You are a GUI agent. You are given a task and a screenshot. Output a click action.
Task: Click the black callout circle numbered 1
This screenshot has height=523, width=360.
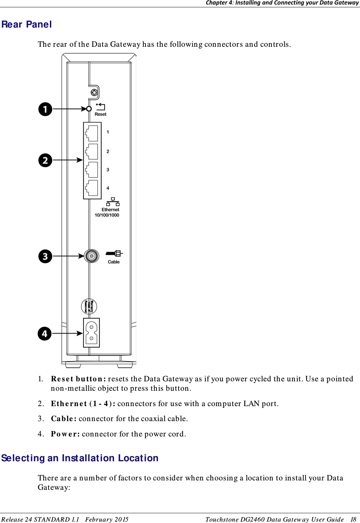click(x=45, y=109)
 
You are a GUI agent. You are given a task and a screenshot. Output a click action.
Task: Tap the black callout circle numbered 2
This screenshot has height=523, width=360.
click(x=45, y=160)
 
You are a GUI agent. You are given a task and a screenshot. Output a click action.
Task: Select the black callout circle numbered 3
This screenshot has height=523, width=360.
click(x=45, y=256)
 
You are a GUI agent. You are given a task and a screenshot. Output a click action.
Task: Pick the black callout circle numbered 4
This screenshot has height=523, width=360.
click(x=45, y=334)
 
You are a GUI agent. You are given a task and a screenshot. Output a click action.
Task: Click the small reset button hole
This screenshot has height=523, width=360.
click(x=89, y=109)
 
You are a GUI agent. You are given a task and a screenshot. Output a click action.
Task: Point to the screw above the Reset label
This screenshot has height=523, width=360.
click(x=94, y=92)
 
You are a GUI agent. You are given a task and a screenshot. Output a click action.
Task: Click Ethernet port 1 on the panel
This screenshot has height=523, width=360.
click(x=92, y=133)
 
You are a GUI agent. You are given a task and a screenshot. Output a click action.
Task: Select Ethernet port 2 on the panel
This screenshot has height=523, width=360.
click(x=92, y=151)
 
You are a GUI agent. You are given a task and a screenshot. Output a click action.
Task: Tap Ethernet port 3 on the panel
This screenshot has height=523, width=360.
click(x=92, y=170)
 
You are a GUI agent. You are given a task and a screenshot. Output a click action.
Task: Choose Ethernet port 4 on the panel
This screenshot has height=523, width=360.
click(x=92, y=188)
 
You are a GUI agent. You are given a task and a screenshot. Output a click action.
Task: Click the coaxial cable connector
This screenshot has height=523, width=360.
click(x=91, y=256)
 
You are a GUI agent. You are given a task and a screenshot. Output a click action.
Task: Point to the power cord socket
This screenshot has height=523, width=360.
click(x=91, y=333)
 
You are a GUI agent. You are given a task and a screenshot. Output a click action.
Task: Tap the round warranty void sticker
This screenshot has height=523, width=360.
click(x=89, y=306)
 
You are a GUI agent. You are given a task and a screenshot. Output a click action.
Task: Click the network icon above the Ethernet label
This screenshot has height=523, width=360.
click(x=113, y=202)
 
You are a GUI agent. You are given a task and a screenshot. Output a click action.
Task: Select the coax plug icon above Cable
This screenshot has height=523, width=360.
click(x=114, y=253)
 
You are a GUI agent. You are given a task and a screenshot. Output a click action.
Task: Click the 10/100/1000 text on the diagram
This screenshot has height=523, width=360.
click(x=107, y=215)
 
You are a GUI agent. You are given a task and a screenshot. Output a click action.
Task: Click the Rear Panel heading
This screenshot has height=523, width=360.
click(x=27, y=24)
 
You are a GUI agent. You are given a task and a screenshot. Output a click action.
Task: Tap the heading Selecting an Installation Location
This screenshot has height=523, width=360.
click(x=80, y=458)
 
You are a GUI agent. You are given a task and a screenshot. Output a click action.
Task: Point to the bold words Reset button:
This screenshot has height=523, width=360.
click(x=78, y=379)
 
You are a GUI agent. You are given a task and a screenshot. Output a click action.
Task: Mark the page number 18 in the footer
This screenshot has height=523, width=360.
click(x=353, y=519)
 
